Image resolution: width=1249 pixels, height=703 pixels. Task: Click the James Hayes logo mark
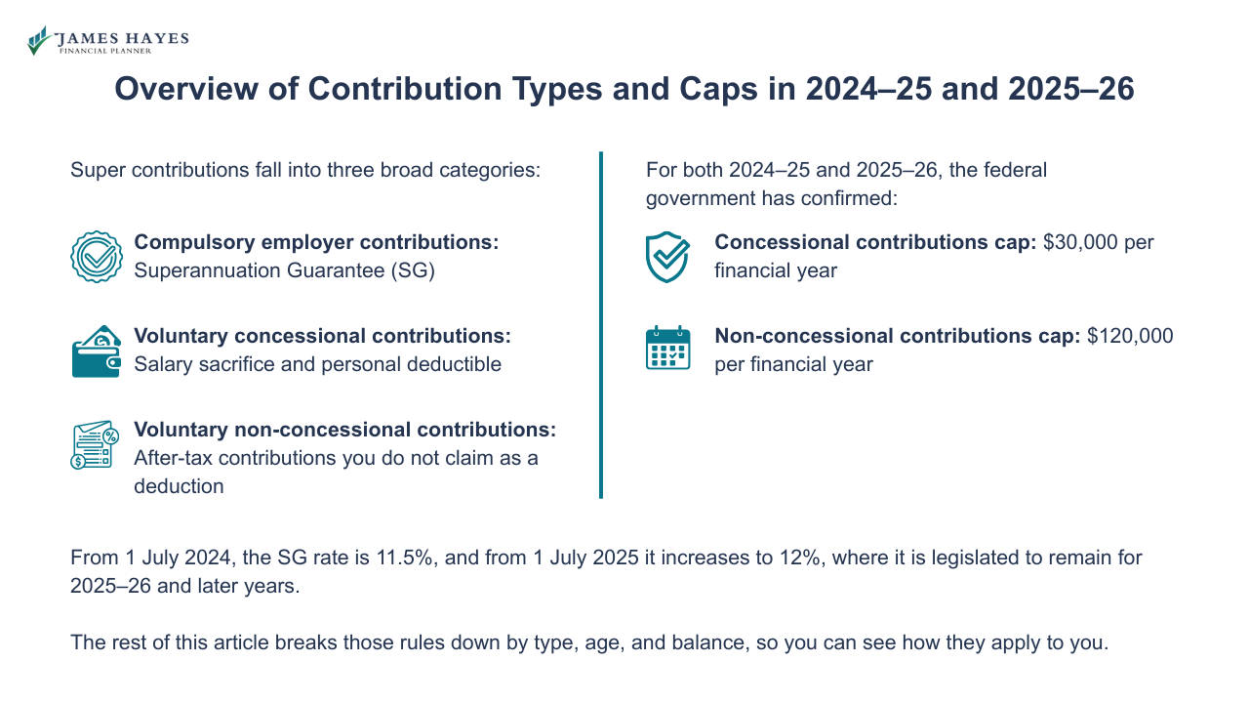coord(39,41)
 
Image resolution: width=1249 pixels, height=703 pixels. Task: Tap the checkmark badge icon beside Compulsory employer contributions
coord(96,257)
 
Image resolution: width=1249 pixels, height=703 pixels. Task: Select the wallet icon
coord(96,351)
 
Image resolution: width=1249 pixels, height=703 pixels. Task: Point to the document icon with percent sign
coord(95,445)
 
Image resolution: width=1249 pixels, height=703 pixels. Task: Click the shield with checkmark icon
coord(667,257)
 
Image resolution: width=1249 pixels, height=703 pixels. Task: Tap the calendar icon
coord(667,349)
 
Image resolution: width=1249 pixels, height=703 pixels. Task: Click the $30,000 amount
coord(1081,242)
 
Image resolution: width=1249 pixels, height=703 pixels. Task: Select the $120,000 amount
coord(1130,336)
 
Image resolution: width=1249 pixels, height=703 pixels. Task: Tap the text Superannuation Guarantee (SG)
coord(284,270)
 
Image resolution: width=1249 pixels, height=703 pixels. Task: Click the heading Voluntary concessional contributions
coord(322,336)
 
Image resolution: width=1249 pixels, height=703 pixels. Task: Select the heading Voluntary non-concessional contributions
coord(344,430)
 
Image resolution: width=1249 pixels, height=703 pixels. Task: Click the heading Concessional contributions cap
coord(874,242)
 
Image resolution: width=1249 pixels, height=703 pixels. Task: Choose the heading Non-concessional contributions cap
coord(897,336)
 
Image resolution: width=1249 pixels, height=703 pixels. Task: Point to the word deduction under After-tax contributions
coord(179,485)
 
